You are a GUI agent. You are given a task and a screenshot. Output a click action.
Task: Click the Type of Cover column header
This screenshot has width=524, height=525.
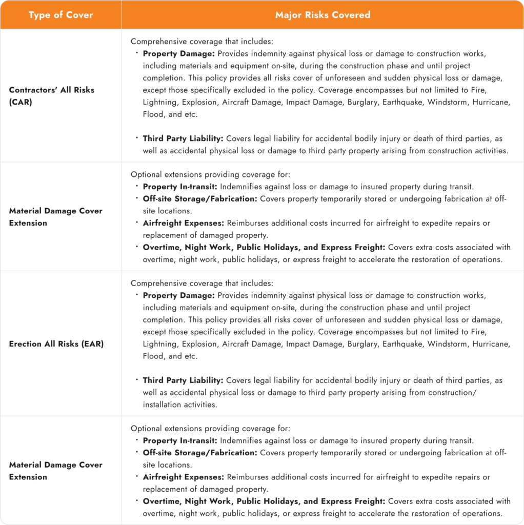click(x=61, y=15)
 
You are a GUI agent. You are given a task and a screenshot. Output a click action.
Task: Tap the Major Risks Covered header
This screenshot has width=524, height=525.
click(x=323, y=15)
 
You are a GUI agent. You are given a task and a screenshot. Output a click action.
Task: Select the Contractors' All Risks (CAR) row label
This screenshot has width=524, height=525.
click(x=51, y=96)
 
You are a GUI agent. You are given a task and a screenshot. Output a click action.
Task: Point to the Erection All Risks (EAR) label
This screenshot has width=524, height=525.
click(x=56, y=344)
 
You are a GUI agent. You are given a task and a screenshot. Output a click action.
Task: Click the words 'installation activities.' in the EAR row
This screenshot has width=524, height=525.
click(x=179, y=405)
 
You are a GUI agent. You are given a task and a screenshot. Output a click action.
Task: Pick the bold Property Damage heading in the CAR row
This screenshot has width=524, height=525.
click(x=178, y=53)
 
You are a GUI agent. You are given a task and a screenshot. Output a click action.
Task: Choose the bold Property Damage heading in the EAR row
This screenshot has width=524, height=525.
click(x=178, y=295)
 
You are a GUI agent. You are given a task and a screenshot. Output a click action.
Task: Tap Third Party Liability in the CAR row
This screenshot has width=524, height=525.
click(x=183, y=138)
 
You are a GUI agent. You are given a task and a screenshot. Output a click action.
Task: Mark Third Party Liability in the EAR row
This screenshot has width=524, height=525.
click(x=183, y=380)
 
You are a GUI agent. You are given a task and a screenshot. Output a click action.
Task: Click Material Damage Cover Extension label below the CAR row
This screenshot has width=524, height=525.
click(x=55, y=217)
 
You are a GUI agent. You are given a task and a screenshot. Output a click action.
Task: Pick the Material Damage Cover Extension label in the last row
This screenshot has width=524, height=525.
click(x=55, y=471)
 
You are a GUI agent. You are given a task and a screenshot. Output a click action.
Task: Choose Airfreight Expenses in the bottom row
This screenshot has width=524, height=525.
click(x=184, y=477)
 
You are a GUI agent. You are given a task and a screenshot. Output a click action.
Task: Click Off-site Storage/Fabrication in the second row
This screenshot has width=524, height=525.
click(x=199, y=198)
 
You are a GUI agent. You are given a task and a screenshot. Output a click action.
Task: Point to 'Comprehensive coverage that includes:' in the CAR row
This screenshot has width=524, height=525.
click(x=202, y=42)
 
